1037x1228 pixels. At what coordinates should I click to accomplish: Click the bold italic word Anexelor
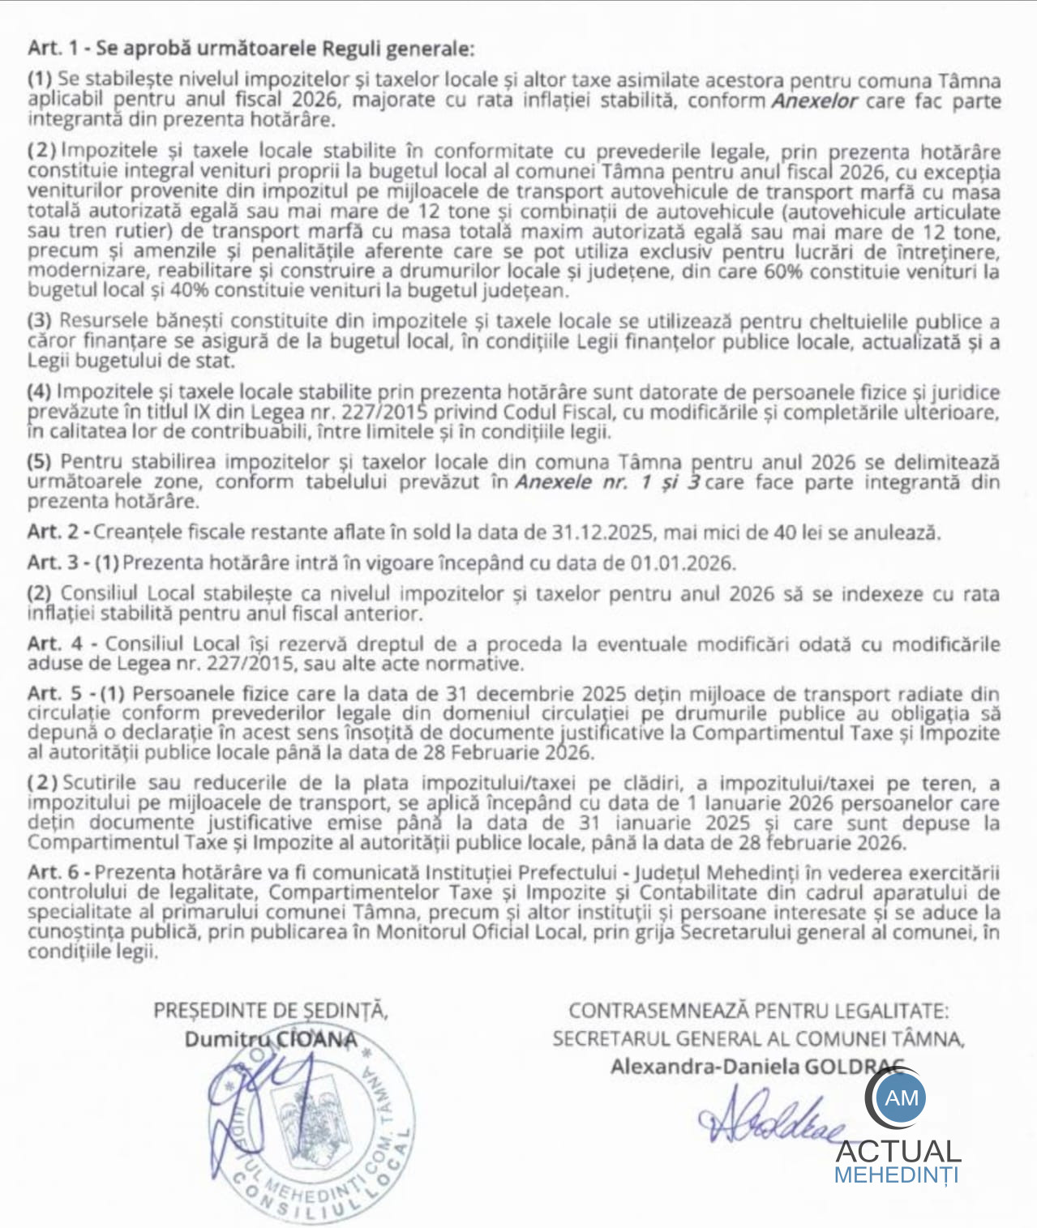tap(814, 101)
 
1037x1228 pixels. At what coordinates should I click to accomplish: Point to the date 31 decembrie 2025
tap(533, 695)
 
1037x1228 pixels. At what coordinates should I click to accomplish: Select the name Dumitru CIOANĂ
tap(271, 1039)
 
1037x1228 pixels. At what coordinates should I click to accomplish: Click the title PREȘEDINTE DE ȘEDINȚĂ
tap(271, 1011)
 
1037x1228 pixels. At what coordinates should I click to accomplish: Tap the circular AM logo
tap(902, 1097)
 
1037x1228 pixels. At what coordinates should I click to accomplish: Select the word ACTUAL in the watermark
tap(898, 1151)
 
